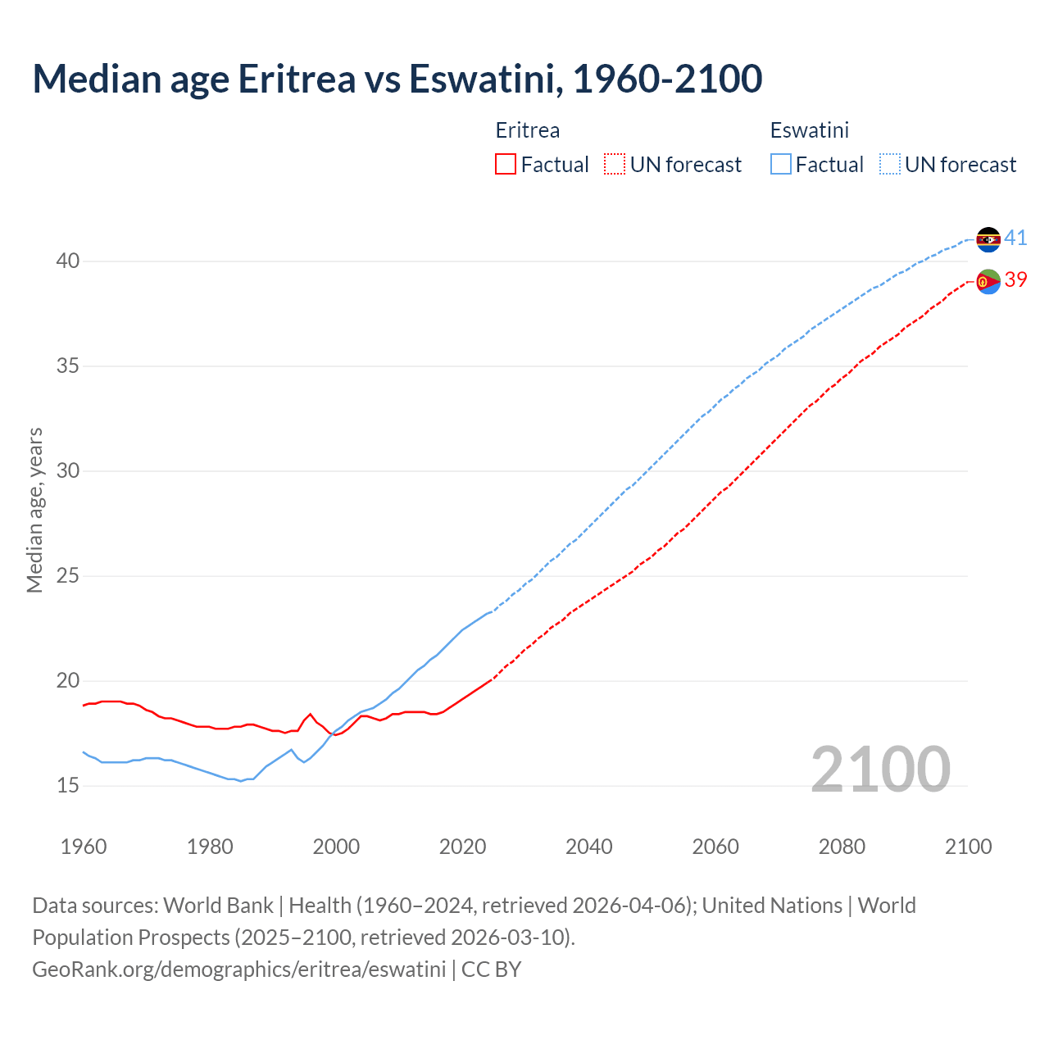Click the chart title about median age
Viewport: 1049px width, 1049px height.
coord(397,79)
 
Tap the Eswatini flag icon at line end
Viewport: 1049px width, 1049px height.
coord(988,239)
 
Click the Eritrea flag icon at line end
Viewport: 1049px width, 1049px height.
coord(988,281)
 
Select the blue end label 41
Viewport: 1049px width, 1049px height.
coord(1015,238)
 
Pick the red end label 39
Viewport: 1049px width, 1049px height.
coord(1015,280)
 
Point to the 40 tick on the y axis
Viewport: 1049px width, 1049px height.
coord(68,261)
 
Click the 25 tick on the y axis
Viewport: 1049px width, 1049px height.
coord(68,576)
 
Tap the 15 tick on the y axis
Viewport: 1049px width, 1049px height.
coord(68,786)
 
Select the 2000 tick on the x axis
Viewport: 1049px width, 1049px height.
coord(336,847)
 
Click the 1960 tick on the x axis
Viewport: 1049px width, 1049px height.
coord(84,847)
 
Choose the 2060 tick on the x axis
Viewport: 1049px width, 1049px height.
coord(715,847)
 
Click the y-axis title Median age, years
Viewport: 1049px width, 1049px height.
coord(34,510)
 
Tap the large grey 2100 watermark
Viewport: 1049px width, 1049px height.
coord(880,770)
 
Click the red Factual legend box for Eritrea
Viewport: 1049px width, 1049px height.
coord(506,165)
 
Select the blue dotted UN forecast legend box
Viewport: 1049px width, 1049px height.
coord(890,165)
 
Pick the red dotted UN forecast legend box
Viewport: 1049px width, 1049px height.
coord(615,165)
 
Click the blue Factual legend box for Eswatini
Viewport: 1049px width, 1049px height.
coord(781,165)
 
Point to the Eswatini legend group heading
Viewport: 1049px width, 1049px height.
coord(809,130)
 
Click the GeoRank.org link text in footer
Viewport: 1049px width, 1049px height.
coord(238,970)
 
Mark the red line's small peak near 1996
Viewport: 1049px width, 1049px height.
coord(310,715)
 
